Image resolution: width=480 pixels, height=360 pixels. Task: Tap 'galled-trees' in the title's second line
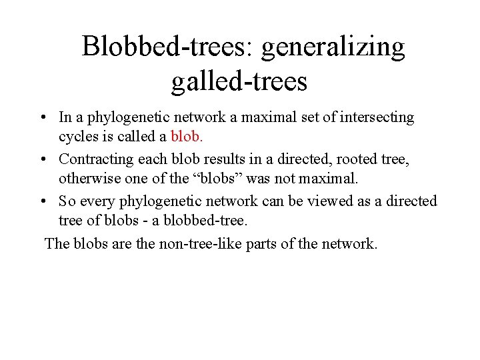(x=239, y=83)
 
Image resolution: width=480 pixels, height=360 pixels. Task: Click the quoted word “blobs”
(x=210, y=179)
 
